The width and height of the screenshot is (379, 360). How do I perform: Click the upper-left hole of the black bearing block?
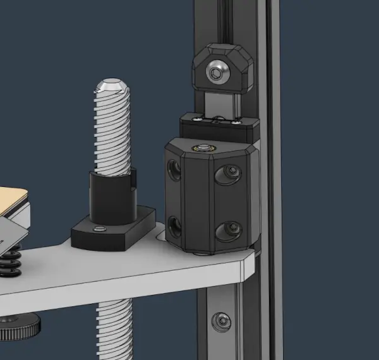pos(172,169)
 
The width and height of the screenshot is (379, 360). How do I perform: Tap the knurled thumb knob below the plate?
pos(19,325)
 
